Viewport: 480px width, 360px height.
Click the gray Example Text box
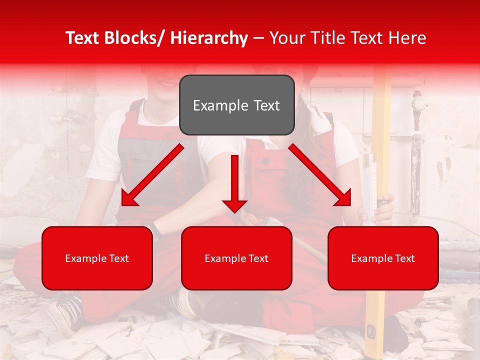click(x=236, y=105)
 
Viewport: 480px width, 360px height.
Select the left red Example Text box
click(x=97, y=258)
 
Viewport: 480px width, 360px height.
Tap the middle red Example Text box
click(x=236, y=258)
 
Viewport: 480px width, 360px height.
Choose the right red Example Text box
click(x=383, y=258)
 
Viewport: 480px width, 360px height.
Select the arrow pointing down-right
click(x=321, y=176)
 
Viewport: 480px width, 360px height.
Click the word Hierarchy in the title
click(x=209, y=38)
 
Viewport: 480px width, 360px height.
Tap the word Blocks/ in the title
click(x=131, y=38)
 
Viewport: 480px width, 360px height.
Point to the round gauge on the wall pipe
click(x=419, y=104)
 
